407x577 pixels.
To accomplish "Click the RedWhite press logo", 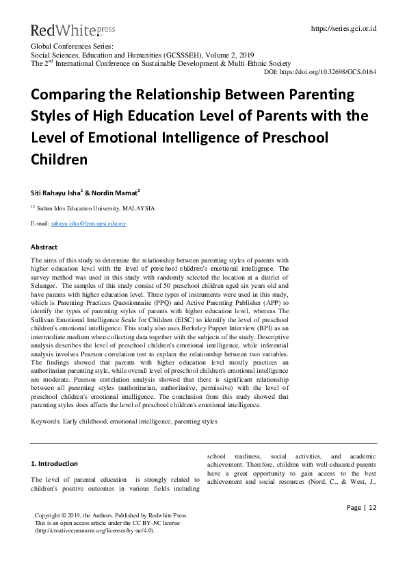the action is click(73, 30).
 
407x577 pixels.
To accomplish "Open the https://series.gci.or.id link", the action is click(343, 29).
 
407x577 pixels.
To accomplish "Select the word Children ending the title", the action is click(59, 160).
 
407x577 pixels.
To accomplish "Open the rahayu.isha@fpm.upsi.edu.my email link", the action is click(88, 223).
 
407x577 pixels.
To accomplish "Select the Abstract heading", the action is click(44, 247).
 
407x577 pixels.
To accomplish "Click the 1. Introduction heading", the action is click(55, 463).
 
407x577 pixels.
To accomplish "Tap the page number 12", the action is click(372, 507).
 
